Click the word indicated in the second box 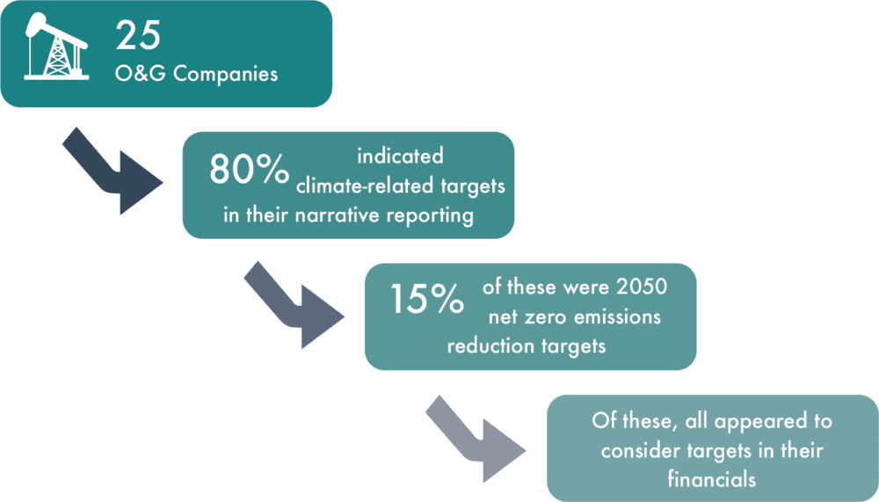(400, 156)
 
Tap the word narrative (328, 215)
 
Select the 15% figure (426, 300)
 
